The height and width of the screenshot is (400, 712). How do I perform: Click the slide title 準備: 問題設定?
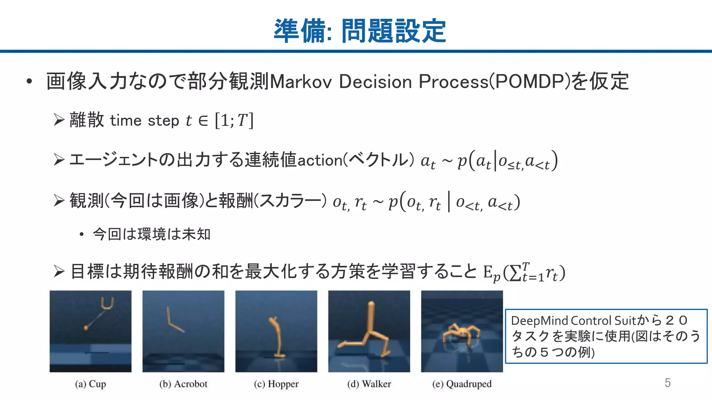359,31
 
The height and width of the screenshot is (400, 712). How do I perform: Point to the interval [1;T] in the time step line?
234,120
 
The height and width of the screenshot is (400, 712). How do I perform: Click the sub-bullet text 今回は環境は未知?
152,234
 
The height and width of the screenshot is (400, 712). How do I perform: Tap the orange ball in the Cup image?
86,327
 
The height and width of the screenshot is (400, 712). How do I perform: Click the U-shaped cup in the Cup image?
107,303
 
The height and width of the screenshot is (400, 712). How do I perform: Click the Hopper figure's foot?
279,355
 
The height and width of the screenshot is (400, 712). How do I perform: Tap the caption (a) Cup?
90,384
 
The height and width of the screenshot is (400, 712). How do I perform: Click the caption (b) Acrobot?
183,384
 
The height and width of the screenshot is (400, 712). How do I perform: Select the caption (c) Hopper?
276,384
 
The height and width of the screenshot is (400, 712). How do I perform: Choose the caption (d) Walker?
369,384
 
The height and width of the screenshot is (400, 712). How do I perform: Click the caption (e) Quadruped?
462,384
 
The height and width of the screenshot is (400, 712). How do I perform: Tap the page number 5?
667,383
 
